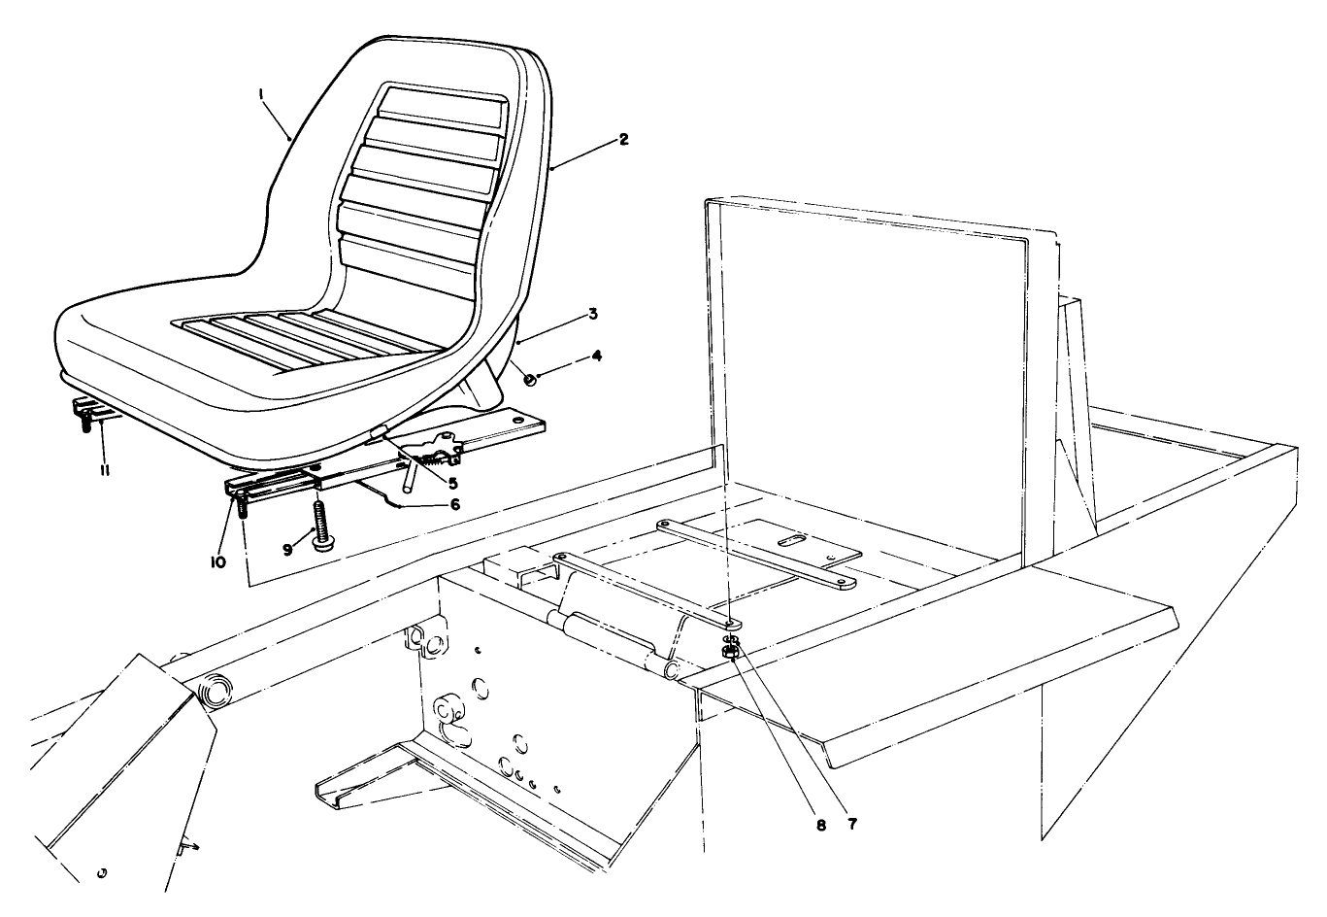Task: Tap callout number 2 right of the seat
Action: [623, 140]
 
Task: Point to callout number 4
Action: [597, 357]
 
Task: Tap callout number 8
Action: [819, 825]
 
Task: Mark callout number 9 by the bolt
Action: [286, 549]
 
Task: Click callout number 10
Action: [217, 561]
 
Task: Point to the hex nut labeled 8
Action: [730, 653]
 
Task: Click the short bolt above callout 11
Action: [87, 423]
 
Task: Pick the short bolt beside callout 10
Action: [242, 506]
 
